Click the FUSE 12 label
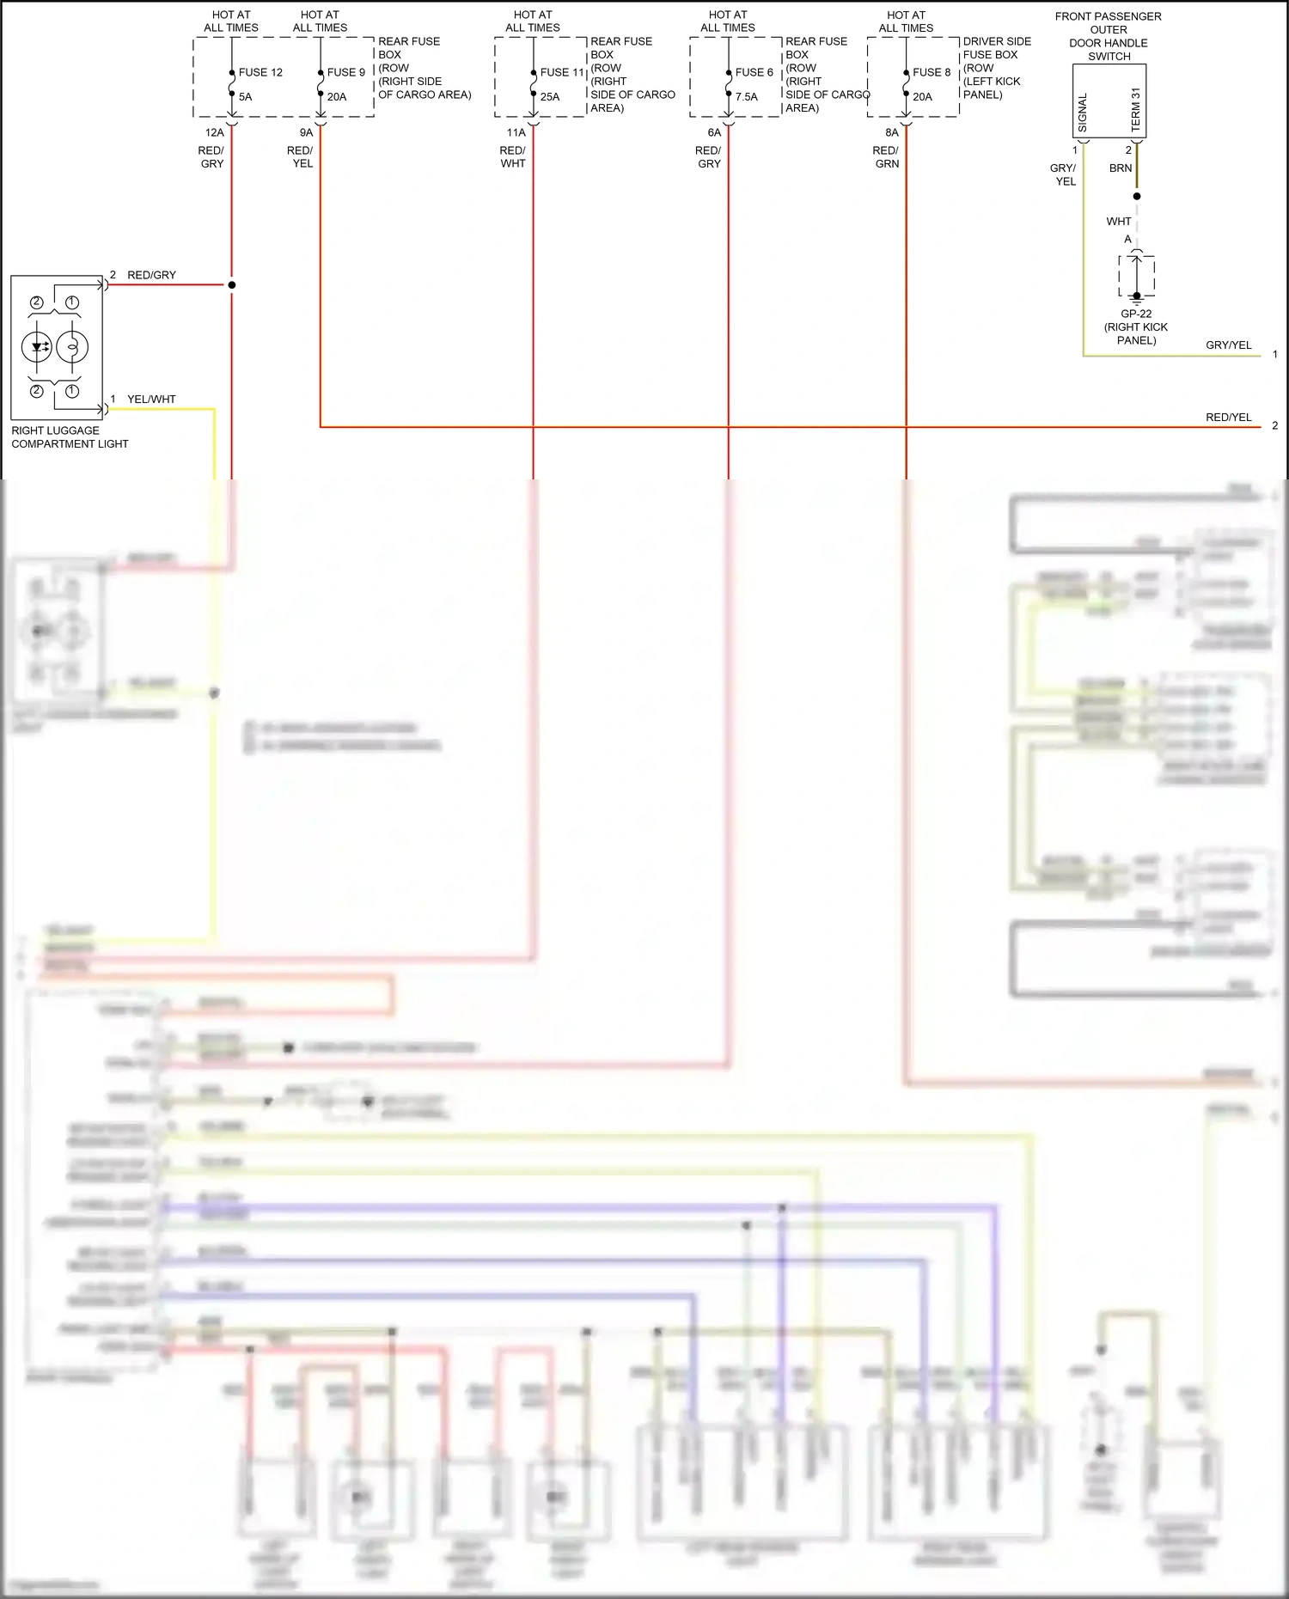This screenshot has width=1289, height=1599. (x=260, y=72)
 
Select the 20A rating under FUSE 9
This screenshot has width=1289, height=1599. (x=337, y=97)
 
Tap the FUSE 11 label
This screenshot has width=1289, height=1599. (x=562, y=72)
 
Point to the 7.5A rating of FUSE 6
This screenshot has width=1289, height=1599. (x=746, y=97)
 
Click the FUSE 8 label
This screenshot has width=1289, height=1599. (x=932, y=72)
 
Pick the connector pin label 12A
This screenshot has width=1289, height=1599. (x=214, y=132)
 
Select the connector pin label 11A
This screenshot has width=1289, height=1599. (x=516, y=132)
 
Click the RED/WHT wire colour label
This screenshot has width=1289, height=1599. (x=513, y=156)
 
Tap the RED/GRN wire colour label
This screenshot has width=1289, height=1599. (x=886, y=156)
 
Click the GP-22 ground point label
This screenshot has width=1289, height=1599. (x=1136, y=314)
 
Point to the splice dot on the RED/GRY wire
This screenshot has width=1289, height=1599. (x=232, y=284)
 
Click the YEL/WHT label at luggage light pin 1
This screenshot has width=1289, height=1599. (x=151, y=399)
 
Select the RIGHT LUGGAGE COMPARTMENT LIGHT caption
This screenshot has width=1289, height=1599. (x=69, y=436)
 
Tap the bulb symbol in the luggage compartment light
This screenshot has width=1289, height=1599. (x=72, y=347)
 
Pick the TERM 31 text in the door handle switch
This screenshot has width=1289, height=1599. (x=1135, y=109)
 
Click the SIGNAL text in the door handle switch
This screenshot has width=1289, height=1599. (x=1083, y=113)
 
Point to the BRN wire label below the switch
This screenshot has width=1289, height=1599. (x=1121, y=168)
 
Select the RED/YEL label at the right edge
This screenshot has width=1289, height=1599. (x=1228, y=417)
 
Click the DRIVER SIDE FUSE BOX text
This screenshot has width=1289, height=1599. (x=996, y=47)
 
